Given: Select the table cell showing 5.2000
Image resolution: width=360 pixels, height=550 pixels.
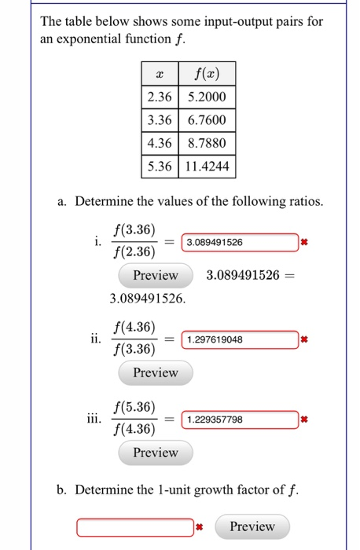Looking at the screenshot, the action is pyautogui.click(x=208, y=97).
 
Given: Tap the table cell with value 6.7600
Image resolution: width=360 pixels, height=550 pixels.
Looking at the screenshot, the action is pyautogui.click(x=208, y=120).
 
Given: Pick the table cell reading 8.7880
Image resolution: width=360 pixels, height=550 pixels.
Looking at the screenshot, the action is pyautogui.click(x=208, y=144).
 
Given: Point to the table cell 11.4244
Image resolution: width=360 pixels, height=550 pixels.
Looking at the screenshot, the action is pyautogui.click(x=208, y=167).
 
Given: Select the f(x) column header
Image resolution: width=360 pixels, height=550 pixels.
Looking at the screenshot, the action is pyautogui.click(x=208, y=74).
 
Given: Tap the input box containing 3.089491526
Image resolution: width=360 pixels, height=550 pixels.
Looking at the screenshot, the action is pyautogui.click(x=240, y=242).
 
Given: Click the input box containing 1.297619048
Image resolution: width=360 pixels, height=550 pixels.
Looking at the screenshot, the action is pyautogui.click(x=240, y=339).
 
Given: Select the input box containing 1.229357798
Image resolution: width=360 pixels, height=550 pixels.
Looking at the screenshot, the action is pyautogui.click(x=240, y=420).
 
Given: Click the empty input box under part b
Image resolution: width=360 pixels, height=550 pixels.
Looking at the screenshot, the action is pyautogui.click(x=134, y=526).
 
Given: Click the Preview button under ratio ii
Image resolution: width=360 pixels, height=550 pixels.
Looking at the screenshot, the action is pyautogui.click(x=156, y=372).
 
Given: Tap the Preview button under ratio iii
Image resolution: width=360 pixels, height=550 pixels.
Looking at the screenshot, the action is pyautogui.click(x=156, y=453).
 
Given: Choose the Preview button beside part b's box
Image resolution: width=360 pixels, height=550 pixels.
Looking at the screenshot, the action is pyautogui.click(x=252, y=526).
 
